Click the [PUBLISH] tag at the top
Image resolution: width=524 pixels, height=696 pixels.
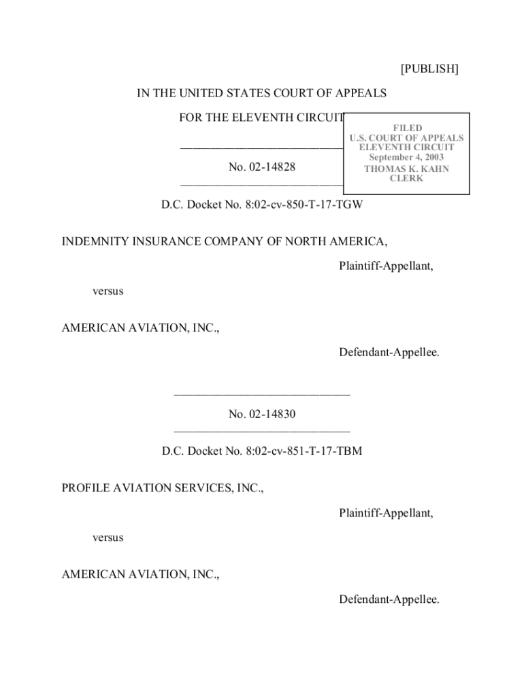coord(429,69)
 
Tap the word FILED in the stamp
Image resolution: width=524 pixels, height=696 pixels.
coord(407,128)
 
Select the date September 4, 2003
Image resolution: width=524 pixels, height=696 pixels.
coord(407,158)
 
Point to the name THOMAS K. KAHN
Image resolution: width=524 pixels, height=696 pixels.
coord(407,169)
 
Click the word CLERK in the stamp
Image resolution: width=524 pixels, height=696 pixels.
coord(407,179)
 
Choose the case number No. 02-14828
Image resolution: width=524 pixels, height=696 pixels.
coord(262,167)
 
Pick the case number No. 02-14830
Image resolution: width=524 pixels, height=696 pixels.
coord(262,413)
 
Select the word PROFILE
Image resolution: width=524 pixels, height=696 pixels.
coord(86,488)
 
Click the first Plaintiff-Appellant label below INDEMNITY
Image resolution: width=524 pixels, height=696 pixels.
coord(386,266)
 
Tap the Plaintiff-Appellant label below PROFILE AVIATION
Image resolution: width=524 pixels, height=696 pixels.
coord(386,512)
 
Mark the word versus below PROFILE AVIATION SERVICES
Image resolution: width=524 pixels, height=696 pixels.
coord(108,538)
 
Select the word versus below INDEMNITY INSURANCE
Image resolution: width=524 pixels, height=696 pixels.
coord(108,291)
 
